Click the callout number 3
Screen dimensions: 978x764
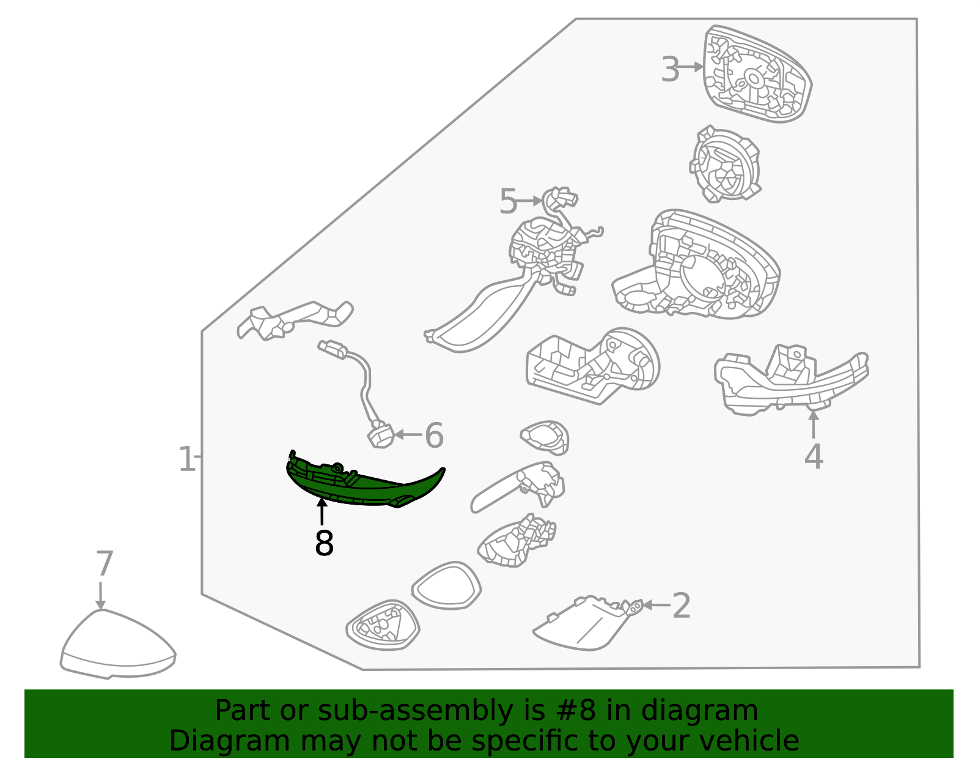coord(670,69)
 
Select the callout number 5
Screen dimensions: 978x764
coord(509,201)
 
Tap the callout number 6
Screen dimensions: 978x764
coord(435,436)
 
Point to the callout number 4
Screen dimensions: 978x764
coord(814,456)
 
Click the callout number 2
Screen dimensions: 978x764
coord(682,606)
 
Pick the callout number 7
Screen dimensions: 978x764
coord(105,563)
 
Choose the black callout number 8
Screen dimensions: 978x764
coord(324,543)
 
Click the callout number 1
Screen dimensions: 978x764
coord(187,459)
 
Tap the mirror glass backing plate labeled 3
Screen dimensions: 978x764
coord(757,74)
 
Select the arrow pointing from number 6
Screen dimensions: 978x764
coord(408,435)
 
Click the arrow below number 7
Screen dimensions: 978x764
coord(100,596)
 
